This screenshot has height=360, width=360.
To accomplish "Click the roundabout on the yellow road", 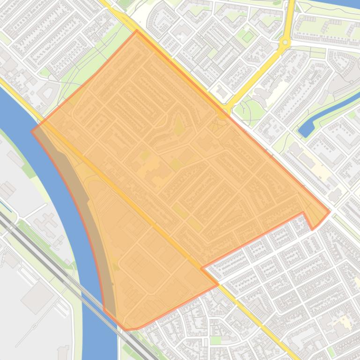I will pos(285,43).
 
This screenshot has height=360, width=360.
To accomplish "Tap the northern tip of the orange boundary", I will pos(137,31).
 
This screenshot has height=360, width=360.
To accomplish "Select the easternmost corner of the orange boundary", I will pos(330,211).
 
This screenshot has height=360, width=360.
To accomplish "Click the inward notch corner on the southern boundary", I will pos(201,268).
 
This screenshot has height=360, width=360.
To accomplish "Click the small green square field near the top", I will pos(248,36).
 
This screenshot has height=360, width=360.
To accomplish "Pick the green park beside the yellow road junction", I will pos(243,110).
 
